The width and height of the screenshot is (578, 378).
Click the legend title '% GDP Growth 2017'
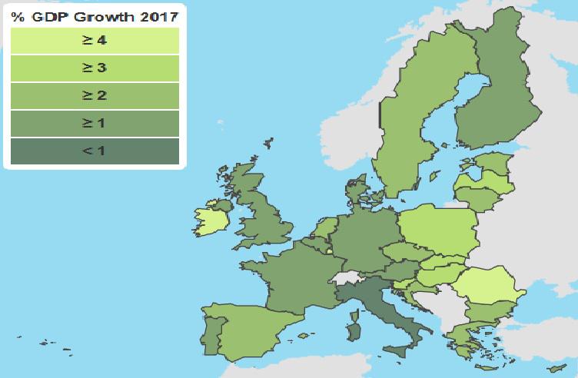click(94, 16)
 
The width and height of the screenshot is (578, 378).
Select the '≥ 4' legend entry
click(94, 41)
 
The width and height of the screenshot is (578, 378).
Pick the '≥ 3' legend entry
click(94, 68)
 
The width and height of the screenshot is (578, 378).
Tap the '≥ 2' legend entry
click(94, 96)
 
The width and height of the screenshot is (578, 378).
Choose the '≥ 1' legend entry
click(94, 123)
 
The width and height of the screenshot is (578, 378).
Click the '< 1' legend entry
click(94, 151)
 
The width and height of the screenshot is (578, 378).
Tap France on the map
click(292, 277)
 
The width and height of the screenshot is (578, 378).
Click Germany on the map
click(361, 238)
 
